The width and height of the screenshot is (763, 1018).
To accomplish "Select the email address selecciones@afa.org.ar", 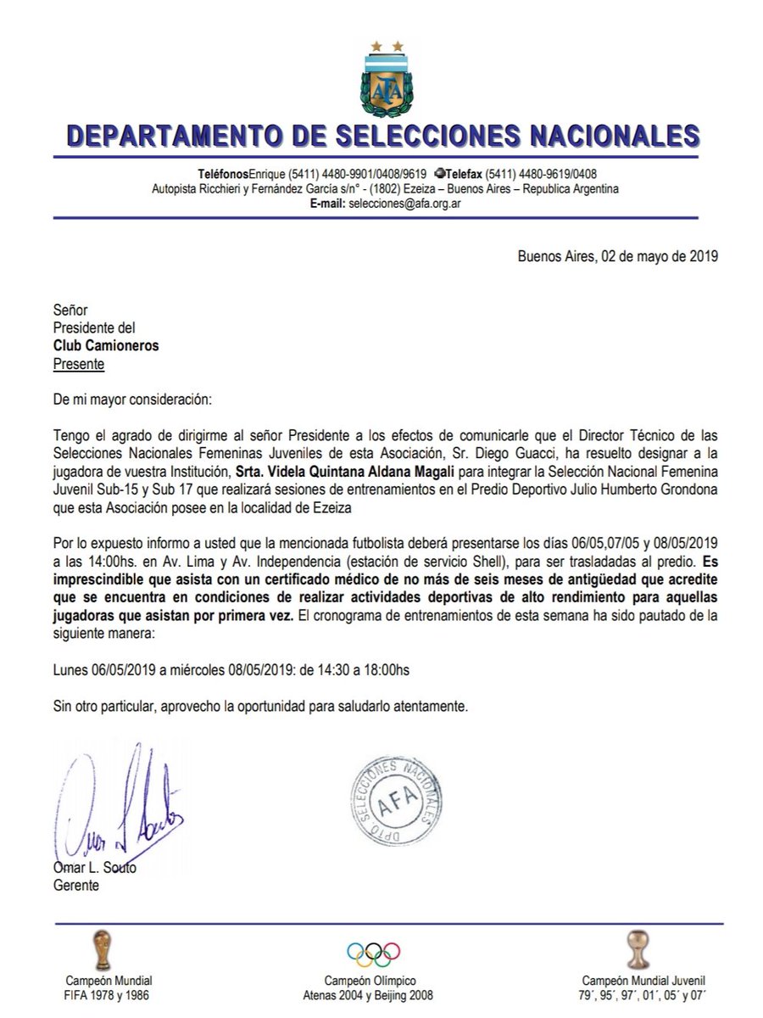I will tap(404, 204).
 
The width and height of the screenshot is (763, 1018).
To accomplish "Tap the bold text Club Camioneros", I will tap(106, 346).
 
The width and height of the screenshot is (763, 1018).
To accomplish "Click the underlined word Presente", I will tap(80, 364).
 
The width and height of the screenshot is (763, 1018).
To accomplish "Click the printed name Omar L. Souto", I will tap(94, 867).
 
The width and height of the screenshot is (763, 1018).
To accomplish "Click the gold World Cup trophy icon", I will tap(102, 949).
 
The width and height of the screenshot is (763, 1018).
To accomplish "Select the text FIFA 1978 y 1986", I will tap(102, 995).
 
